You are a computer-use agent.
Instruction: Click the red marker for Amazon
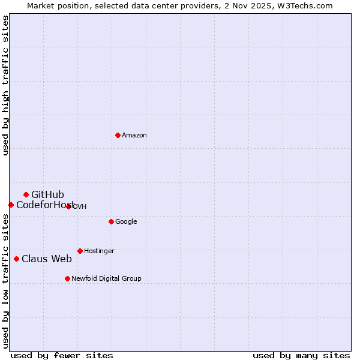pyautogui.click(x=118, y=135)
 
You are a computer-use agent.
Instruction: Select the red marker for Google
pyautogui.click(x=111, y=221)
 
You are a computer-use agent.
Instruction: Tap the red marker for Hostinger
pyautogui.click(x=80, y=251)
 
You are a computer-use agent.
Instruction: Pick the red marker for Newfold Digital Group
pyautogui.click(x=67, y=278)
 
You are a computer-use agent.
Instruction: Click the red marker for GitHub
pyautogui.click(x=26, y=194)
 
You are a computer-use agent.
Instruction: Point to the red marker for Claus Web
pyautogui.click(x=16, y=259)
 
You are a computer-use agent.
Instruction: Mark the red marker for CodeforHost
pyautogui.click(x=11, y=205)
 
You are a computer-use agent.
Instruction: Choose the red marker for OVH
pyautogui.click(x=68, y=206)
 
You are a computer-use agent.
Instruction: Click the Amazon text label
pyautogui.click(x=134, y=135)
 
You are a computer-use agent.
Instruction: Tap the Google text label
pyautogui.click(x=126, y=221)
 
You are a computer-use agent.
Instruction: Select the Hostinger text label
pyautogui.click(x=99, y=251)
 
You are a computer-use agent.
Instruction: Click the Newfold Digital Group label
pyautogui.click(x=106, y=278)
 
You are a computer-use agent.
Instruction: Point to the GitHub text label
pyautogui.click(x=47, y=194)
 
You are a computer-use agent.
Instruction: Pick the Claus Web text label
pyautogui.click(x=46, y=259)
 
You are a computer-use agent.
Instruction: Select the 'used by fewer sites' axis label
pyautogui.click(x=62, y=355)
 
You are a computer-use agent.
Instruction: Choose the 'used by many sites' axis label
pyautogui.click(x=301, y=355)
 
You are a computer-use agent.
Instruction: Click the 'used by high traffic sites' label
pyautogui.click(x=5, y=85)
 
